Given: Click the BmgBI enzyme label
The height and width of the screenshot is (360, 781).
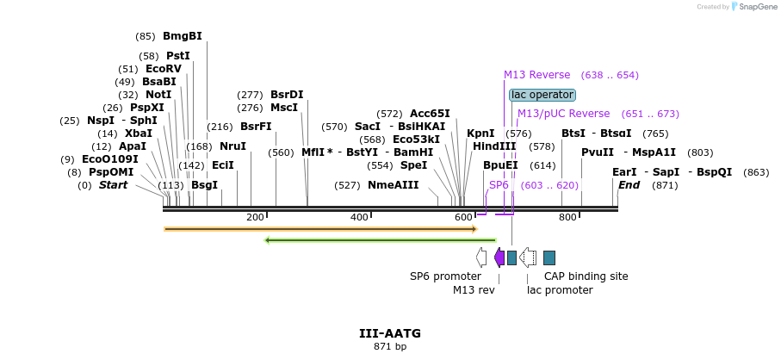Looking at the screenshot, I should pyautogui.click(x=182, y=36).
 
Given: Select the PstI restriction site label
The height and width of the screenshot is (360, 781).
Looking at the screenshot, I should pyautogui.click(x=177, y=56).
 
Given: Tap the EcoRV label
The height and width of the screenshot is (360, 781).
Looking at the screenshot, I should pyautogui.click(x=163, y=69).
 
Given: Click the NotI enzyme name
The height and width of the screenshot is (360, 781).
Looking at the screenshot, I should pyautogui.click(x=158, y=95).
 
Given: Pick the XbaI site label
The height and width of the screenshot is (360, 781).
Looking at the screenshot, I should pyautogui.click(x=138, y=133).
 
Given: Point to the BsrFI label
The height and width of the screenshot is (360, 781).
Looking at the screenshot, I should pyautogui.click(x=256, y=127).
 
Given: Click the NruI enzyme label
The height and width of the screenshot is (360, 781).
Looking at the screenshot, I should pyautogui.click(x=232, y=146).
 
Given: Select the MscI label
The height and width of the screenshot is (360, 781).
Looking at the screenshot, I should pyautogui.click(x=283, y=108).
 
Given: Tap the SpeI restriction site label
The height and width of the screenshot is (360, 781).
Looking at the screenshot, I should pyautogui.click(x=413, y=165).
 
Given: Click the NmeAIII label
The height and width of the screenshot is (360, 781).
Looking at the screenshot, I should pyautogui.click(x=393, y=185).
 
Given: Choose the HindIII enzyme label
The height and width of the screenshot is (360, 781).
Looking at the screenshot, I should pyautogui.click(x=494, y=146).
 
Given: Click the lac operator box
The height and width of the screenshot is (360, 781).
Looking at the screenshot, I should pyautogui.click(x=542, y=95).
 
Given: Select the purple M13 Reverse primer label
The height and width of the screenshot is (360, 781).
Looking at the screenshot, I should pyautogui.click(x=536, y=75).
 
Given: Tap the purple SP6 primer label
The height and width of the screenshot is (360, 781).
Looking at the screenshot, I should pyautogui.click(x=499, y=185).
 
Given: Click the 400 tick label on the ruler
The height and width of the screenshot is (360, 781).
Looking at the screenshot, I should pyautogui.click(x=359, y=217).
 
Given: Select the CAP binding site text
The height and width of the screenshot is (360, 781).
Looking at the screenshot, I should pyautogui.click(x=586, y=276).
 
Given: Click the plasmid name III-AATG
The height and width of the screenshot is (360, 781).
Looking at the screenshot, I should pyautogui.click(x=390, y=333).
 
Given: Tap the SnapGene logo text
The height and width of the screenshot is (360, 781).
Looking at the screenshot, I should pyautogui.click(x=753, y=7).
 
